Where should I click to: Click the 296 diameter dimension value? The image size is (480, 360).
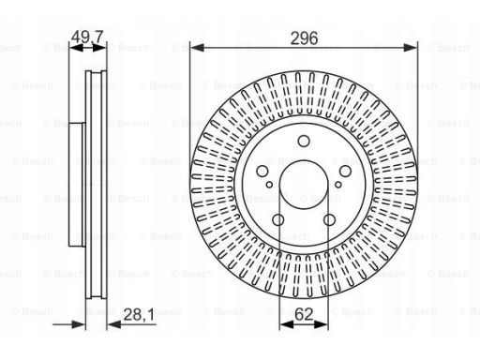(304, 38)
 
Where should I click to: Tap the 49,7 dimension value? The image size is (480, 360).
(87, 37)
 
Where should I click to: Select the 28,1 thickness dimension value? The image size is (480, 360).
(139, 315)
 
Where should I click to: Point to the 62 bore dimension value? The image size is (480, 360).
(304, 314)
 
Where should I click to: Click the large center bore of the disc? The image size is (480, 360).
(304, 185)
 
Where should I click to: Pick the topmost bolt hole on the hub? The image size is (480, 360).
(304, 141)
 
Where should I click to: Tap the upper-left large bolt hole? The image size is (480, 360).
(262, 171)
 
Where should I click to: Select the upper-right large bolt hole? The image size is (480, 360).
(345, 171)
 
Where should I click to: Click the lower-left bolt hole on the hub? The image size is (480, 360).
(278, 219)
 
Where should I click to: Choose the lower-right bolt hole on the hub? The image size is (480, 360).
(329, 219)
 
